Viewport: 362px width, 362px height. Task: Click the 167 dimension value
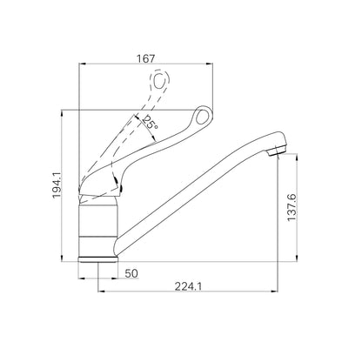point(145,59)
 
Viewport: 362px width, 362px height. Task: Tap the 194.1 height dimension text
point(57,184)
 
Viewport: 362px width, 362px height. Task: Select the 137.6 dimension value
point(292,207)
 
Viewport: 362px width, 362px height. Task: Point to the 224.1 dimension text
point(188,286)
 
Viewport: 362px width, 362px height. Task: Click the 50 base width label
point(131,273)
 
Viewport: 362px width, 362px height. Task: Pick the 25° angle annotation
point(151,123)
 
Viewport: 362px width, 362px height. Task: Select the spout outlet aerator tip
point(278,151)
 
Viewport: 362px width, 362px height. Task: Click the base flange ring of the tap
point(98,259)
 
